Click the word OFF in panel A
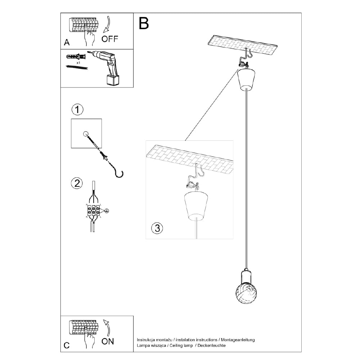tap(109, 39)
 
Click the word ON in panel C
tap(108, 341)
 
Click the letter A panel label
tap(67, 42)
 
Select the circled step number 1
tap(77, 109)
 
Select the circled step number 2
tap(76, 183)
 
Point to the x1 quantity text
tap(78, 62)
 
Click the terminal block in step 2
tap(93, 211)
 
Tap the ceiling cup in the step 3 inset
tap(196, 206)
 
